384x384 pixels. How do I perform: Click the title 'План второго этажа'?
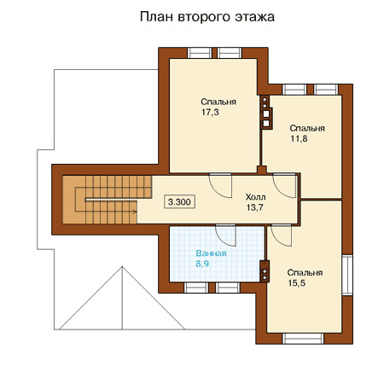(207, 17)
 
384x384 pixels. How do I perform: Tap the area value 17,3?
(210, 113)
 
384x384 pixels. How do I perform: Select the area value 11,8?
(299, 139)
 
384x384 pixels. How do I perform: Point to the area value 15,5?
(297, 283)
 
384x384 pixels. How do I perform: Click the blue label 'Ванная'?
(211, 253)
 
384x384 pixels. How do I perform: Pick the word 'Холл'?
(255, 197)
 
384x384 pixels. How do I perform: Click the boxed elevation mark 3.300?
(179, 202)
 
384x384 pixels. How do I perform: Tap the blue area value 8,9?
(202, 264)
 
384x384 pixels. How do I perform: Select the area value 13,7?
(255, 207)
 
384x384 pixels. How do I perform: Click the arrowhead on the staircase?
(135, 212)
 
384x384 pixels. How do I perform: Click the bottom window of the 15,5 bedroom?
(303, 339)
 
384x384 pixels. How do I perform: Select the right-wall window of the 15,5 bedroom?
(347, 275)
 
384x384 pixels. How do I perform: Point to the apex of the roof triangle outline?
(122, 266)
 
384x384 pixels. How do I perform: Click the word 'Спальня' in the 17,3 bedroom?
(218, 102)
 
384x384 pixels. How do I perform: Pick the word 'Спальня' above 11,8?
(307, 128)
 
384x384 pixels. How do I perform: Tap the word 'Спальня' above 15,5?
(305, 273)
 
